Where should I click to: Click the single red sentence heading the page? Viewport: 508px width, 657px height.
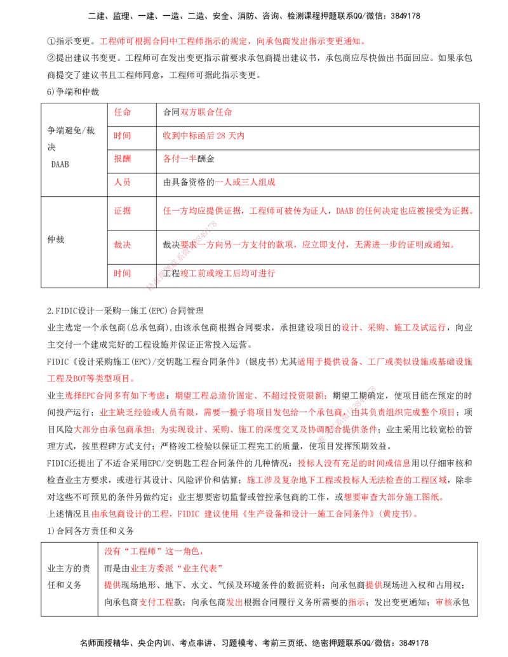231,41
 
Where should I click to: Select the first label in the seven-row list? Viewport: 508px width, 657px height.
121,112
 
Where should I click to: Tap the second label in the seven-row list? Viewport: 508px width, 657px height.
121,136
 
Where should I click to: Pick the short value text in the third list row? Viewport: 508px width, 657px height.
180,159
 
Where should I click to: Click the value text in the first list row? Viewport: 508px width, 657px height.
206,112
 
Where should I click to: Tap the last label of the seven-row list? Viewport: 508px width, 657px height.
121,274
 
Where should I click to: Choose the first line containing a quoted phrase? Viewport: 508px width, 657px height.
152,552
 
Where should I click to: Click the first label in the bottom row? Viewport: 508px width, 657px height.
156,602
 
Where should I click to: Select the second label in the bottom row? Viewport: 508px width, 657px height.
234,602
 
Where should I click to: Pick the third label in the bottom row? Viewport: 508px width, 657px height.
356,602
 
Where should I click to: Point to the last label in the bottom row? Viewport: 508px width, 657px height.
442,602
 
